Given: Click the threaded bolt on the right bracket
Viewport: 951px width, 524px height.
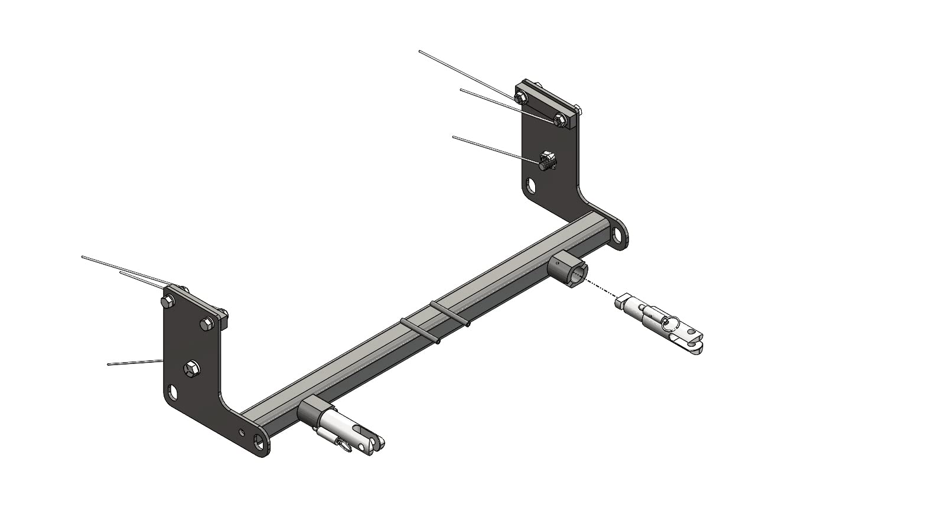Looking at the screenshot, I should tap(548, 161).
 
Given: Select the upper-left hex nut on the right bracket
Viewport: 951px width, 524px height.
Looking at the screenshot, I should tap(520, 97).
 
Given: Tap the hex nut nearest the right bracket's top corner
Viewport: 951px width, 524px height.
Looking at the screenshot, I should tap(559, 121).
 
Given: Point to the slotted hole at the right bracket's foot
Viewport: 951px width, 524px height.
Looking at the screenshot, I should tap(617, 235).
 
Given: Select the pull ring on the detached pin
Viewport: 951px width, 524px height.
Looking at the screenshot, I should tap(670, 323).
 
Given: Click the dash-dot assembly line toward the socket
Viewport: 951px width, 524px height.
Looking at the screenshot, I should tap(602, 290).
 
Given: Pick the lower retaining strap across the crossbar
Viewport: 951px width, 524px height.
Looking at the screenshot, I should tap(420, 330).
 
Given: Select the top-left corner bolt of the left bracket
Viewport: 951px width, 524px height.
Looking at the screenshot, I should tap(167, 301).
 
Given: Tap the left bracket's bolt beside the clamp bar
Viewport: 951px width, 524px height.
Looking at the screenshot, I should tap(207, 323).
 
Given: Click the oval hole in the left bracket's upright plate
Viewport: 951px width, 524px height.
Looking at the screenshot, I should tap(173, 392).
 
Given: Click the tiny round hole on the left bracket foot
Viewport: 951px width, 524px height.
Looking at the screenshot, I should tap(241, 432).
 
